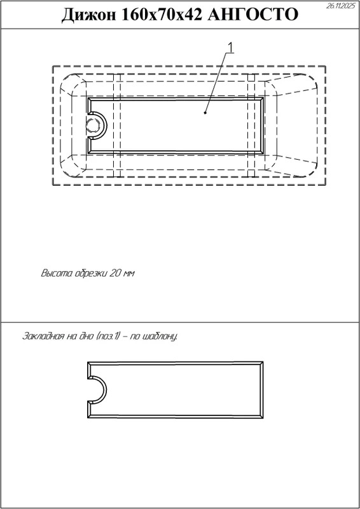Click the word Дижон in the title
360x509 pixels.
[x=88, y=15]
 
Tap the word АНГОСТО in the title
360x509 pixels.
[x=253, y=15]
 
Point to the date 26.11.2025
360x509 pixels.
[x=341, y=6]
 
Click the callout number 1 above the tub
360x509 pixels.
[x=231, y=48]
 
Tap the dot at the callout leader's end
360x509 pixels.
[x=205, y=113]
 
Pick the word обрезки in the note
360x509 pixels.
[x=92, y=273]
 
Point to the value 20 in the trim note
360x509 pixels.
[x=116, y=273]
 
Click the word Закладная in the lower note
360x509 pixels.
[x=43, y=336]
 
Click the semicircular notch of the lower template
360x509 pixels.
[x=107, y=390]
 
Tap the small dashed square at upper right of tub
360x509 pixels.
[x=251, y=77]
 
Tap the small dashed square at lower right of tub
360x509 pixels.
[x=251, y=173]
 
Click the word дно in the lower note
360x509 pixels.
[x=86, y=336]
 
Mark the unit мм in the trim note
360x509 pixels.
[x=129, y=274]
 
